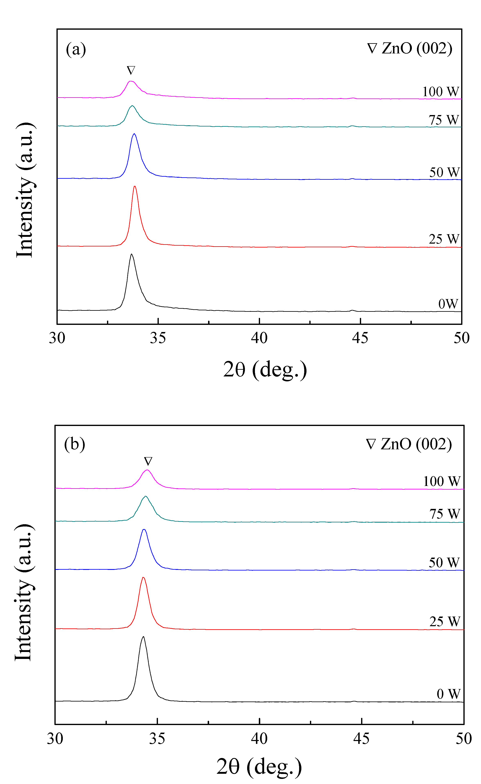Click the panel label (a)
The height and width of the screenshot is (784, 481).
(76, 49)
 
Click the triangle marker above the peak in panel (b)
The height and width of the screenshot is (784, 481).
(148, 461)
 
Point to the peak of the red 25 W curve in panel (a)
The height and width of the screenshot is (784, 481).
(135, 187)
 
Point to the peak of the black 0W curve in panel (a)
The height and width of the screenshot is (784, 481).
(131, 254)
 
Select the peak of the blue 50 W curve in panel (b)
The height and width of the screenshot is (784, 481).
(144, 530)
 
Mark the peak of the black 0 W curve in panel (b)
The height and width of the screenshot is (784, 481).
(143, 637)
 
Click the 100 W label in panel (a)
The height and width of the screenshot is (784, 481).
(441, 92)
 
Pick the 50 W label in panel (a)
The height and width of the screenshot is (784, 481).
(444, 172)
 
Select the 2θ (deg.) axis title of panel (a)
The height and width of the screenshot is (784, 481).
(265, 369)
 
